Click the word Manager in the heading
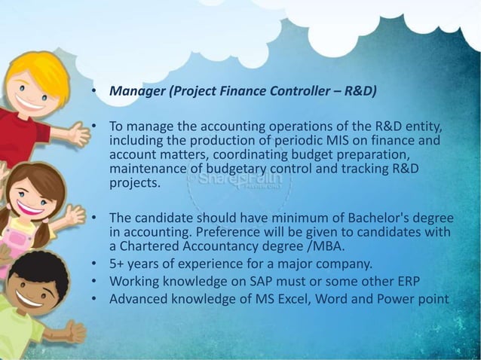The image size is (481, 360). click(137, 93)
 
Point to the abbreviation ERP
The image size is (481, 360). click(407, 281)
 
